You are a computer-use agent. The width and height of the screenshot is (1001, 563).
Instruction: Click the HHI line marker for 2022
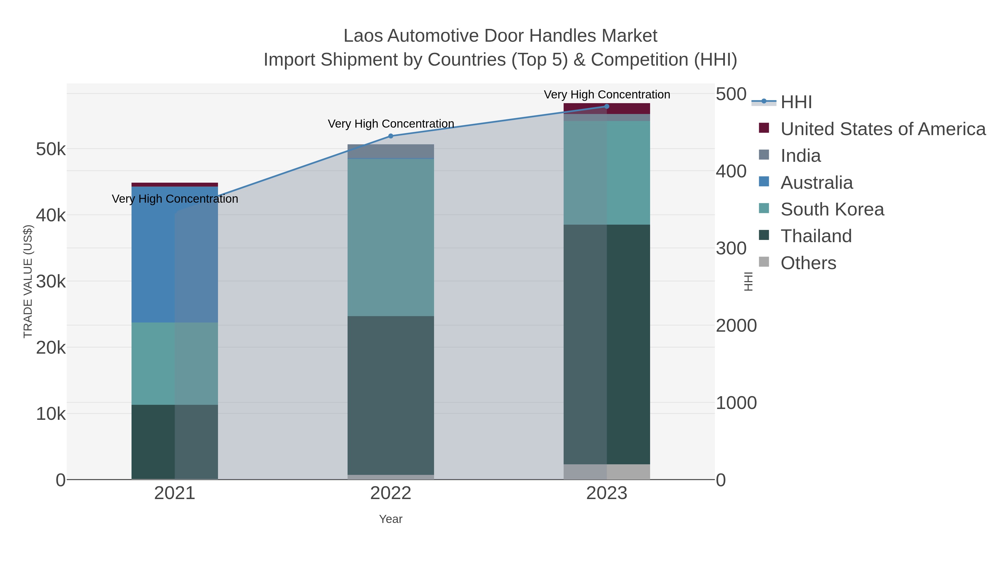tap(391, 136)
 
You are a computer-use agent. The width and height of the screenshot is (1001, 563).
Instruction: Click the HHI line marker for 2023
tap(607, 106)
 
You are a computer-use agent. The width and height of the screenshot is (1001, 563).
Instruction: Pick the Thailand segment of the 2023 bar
tap(607, 344)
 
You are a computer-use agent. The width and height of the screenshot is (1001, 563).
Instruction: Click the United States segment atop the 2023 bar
tap(607, 108)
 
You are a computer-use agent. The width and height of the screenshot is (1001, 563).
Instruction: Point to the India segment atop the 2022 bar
tap(391, 151)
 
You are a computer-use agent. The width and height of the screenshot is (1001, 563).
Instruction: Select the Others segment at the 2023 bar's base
tap(607, 472)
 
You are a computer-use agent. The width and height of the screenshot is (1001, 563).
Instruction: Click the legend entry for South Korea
tap(832, 209)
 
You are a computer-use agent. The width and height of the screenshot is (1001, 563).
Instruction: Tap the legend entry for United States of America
tap(883, 129)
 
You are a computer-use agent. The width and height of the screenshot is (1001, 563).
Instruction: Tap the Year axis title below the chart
tap(391, 519)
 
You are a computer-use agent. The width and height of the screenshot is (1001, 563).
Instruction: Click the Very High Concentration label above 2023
tap(607, 95)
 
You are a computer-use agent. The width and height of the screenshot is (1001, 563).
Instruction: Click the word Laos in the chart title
tap(363, 36)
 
